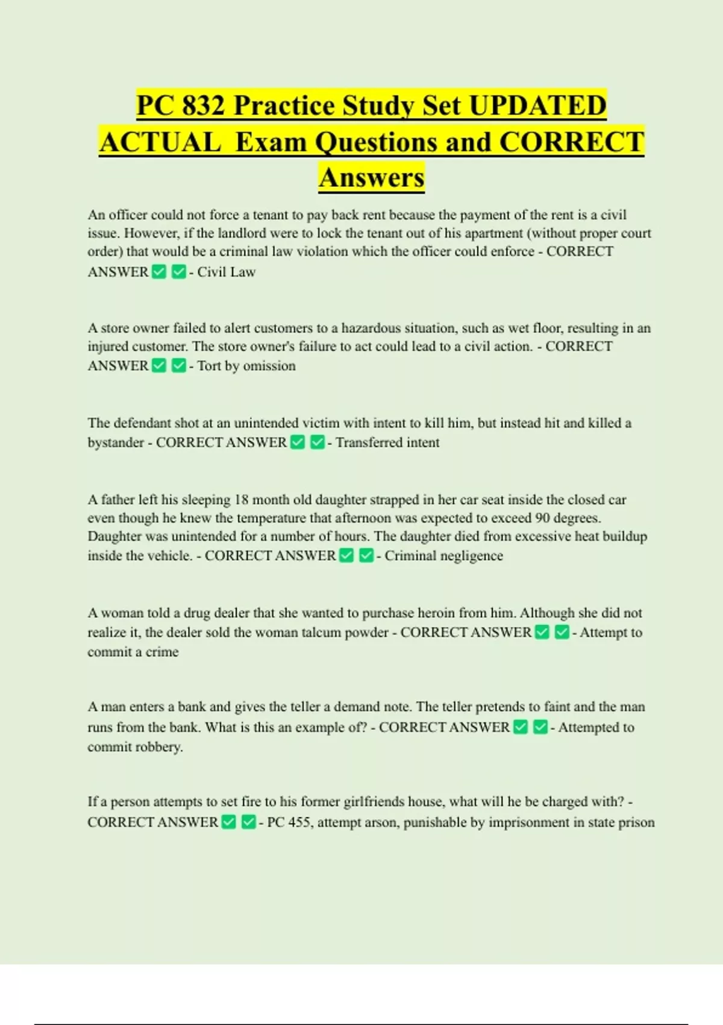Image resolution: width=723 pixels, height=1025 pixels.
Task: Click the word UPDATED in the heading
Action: (537, 106)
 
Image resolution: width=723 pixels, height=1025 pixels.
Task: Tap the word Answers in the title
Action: (372, 177)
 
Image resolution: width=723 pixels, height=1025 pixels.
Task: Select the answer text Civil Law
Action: (227, 272)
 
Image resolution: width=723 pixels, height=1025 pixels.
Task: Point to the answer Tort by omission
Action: (246, 366)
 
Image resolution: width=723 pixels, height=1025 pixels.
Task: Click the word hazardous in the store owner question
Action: (371, 328)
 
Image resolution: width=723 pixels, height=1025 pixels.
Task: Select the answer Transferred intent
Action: (387, 443)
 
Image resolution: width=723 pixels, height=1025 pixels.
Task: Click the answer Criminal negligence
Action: (443, 556)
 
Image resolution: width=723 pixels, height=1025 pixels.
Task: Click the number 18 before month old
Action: (241, 500)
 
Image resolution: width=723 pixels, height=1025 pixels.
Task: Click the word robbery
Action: (164, 747)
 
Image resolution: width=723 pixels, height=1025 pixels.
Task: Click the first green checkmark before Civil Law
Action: (159, 272)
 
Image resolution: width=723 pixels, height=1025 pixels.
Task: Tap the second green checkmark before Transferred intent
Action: (318, 443)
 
